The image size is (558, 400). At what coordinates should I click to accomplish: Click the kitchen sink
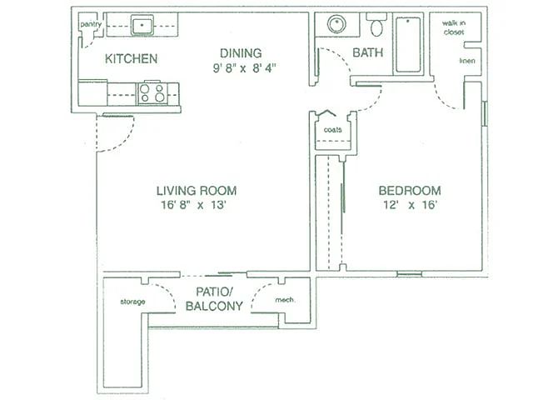(142, 25)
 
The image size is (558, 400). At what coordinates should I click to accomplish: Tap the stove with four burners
(152, 92)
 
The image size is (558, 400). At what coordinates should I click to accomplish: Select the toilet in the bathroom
(376, 24)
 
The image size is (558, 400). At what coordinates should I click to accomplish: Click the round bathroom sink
(336, 24)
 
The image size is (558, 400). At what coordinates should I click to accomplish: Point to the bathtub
(408, 44)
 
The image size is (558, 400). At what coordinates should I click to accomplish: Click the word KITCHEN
(131, 59)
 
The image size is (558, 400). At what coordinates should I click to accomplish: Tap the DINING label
(241, 53)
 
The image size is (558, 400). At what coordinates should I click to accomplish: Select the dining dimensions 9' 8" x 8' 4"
(245, 67)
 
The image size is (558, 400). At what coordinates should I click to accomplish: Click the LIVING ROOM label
(197, 191)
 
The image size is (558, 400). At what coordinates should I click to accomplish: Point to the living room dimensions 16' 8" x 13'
(193, 205)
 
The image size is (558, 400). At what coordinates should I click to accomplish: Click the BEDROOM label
(410, 191)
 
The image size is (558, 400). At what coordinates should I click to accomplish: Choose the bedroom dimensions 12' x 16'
(410, 205)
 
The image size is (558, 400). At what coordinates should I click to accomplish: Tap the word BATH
(367, 52)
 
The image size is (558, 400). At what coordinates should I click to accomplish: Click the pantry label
(91, 24)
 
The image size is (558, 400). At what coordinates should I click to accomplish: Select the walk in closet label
(454, 27)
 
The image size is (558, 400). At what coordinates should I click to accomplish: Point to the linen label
(467, 61)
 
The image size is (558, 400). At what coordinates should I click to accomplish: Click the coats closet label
(333, 130)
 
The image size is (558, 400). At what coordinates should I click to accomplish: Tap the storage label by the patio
(132, 302)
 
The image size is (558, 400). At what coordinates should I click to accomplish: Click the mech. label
(285, 300)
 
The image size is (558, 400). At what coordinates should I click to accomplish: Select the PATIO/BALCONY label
(214, 299)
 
